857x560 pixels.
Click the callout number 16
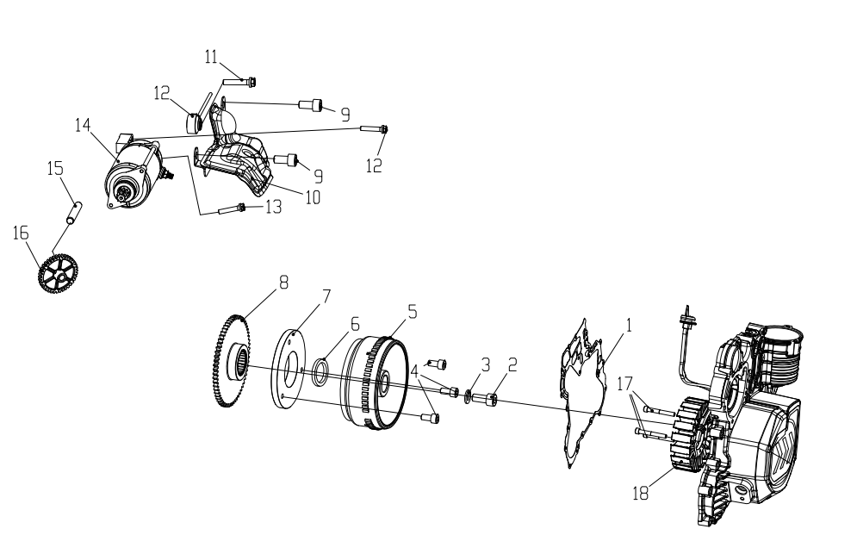point(20,233)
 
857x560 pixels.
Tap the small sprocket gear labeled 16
point(59,271)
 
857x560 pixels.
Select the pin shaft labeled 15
point(74,213)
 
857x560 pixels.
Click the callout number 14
point(83,125)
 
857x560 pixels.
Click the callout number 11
point(212,57)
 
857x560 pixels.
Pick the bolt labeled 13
point(232,208)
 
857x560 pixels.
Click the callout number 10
point(313,197)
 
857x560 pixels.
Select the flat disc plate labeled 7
point(289,368)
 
